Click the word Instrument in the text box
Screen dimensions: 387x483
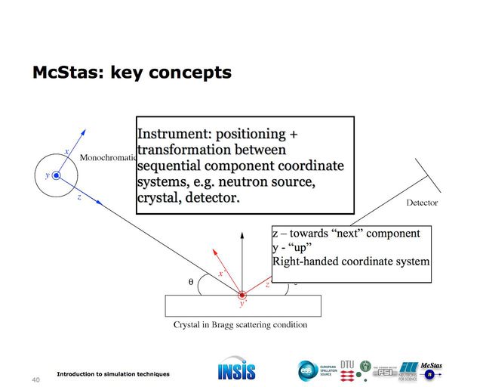(x=171, y=135)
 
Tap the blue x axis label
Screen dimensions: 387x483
(x=67, y=152)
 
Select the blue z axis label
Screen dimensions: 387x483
(x=79, y=197)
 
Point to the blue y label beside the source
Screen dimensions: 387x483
(x=47, y=175)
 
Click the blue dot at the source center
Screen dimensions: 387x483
(x=56, y=176)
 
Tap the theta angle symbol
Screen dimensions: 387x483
(x=191, y=282)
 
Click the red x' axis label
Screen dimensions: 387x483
(x=221, y=273)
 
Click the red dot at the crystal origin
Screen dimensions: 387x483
(x=241, y=294)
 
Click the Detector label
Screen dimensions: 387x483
(x=422, y=203)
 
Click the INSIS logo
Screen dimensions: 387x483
(x=236, y=370)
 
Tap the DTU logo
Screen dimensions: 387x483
(x=347, y=364)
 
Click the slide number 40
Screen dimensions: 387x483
(x=35, y=379)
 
